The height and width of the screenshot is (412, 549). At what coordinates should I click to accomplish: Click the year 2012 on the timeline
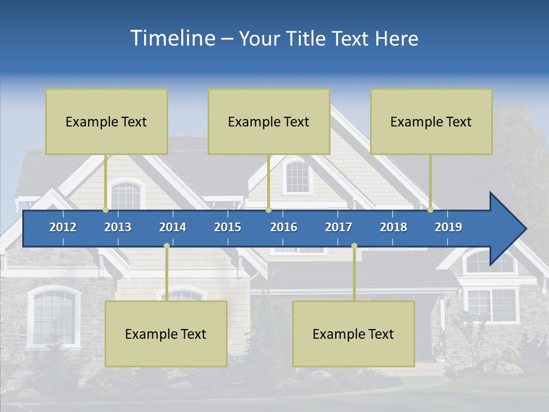coord(63,227)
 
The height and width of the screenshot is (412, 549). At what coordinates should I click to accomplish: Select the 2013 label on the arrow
coord(118,227)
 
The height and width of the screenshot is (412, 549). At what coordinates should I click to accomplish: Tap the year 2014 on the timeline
coord(173,227)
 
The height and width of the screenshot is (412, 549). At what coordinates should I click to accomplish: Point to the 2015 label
coord(228,227)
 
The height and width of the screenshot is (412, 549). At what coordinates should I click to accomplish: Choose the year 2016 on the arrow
coord(284,227)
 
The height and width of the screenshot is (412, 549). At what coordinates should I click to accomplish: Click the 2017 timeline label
coord(339,227)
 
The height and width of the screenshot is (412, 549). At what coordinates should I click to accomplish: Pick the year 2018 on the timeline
coord(393,227)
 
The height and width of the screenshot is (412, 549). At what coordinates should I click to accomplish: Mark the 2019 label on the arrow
coord(448,227)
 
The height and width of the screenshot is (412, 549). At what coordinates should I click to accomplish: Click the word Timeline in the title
coord(172,38)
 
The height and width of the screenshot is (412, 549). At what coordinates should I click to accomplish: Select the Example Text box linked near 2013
coord(106,121)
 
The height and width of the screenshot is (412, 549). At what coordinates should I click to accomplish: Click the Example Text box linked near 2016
coord(269,121)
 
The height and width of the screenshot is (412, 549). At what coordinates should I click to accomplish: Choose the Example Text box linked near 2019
coord(431,121)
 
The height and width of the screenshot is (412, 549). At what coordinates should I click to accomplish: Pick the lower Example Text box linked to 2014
coord(166,334)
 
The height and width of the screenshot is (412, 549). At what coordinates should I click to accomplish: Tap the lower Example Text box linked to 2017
coord(353,334)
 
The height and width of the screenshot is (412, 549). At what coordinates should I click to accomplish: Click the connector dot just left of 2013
coord(106,210)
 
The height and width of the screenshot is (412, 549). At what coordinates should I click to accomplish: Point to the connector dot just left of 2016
coord(268,210)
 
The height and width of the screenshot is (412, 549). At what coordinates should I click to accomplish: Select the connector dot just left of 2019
coord(431,210)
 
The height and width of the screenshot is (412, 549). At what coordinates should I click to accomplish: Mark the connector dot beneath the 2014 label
coord(166,245)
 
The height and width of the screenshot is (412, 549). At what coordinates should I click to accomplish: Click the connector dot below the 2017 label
coord(354,245)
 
